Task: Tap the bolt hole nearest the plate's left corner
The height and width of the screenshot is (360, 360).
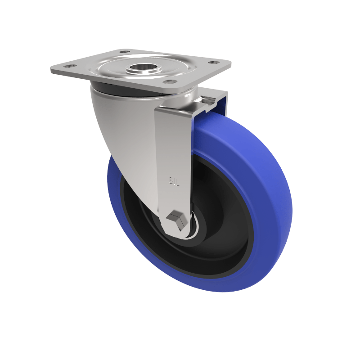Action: click(69, 66)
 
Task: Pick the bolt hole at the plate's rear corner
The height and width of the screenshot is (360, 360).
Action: click(124, 52)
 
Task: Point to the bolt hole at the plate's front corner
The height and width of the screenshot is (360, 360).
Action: click(169, 81)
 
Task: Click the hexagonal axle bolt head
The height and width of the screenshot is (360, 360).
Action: click(175, 220)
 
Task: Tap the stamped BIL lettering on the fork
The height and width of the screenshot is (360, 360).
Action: click(173, 181)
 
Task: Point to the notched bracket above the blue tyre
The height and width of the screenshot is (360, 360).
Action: click(211, 101)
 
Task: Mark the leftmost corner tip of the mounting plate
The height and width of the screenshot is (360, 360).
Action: click(51, 70)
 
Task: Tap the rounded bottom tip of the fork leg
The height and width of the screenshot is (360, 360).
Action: click(178, 236)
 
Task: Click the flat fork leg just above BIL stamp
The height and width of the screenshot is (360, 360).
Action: click(173, 148)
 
